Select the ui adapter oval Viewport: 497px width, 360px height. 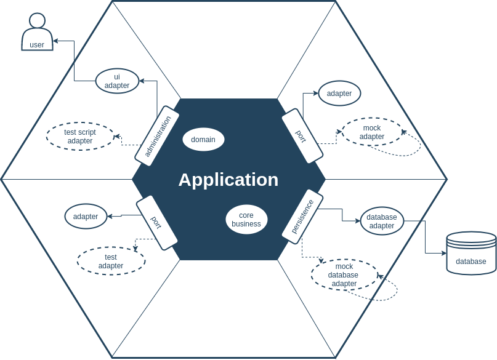(117, 81)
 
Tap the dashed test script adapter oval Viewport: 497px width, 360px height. (80, 136)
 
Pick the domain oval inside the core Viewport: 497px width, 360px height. (203, 140)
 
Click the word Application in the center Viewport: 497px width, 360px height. (228, 180)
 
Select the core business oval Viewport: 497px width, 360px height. (246, 220)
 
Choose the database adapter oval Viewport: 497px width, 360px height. (382, 221)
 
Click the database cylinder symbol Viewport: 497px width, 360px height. (471, 253)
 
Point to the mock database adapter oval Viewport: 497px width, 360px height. (344, 274)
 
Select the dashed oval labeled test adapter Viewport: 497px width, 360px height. (111, 261)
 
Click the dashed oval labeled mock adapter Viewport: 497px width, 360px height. (371, 132)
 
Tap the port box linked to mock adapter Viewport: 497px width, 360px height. (302, 136)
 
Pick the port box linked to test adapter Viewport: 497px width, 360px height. (157, 223)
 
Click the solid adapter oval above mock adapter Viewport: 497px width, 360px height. (339, 94)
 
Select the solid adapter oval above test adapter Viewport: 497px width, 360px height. (86, 217)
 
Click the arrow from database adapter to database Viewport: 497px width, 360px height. (426, 240)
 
